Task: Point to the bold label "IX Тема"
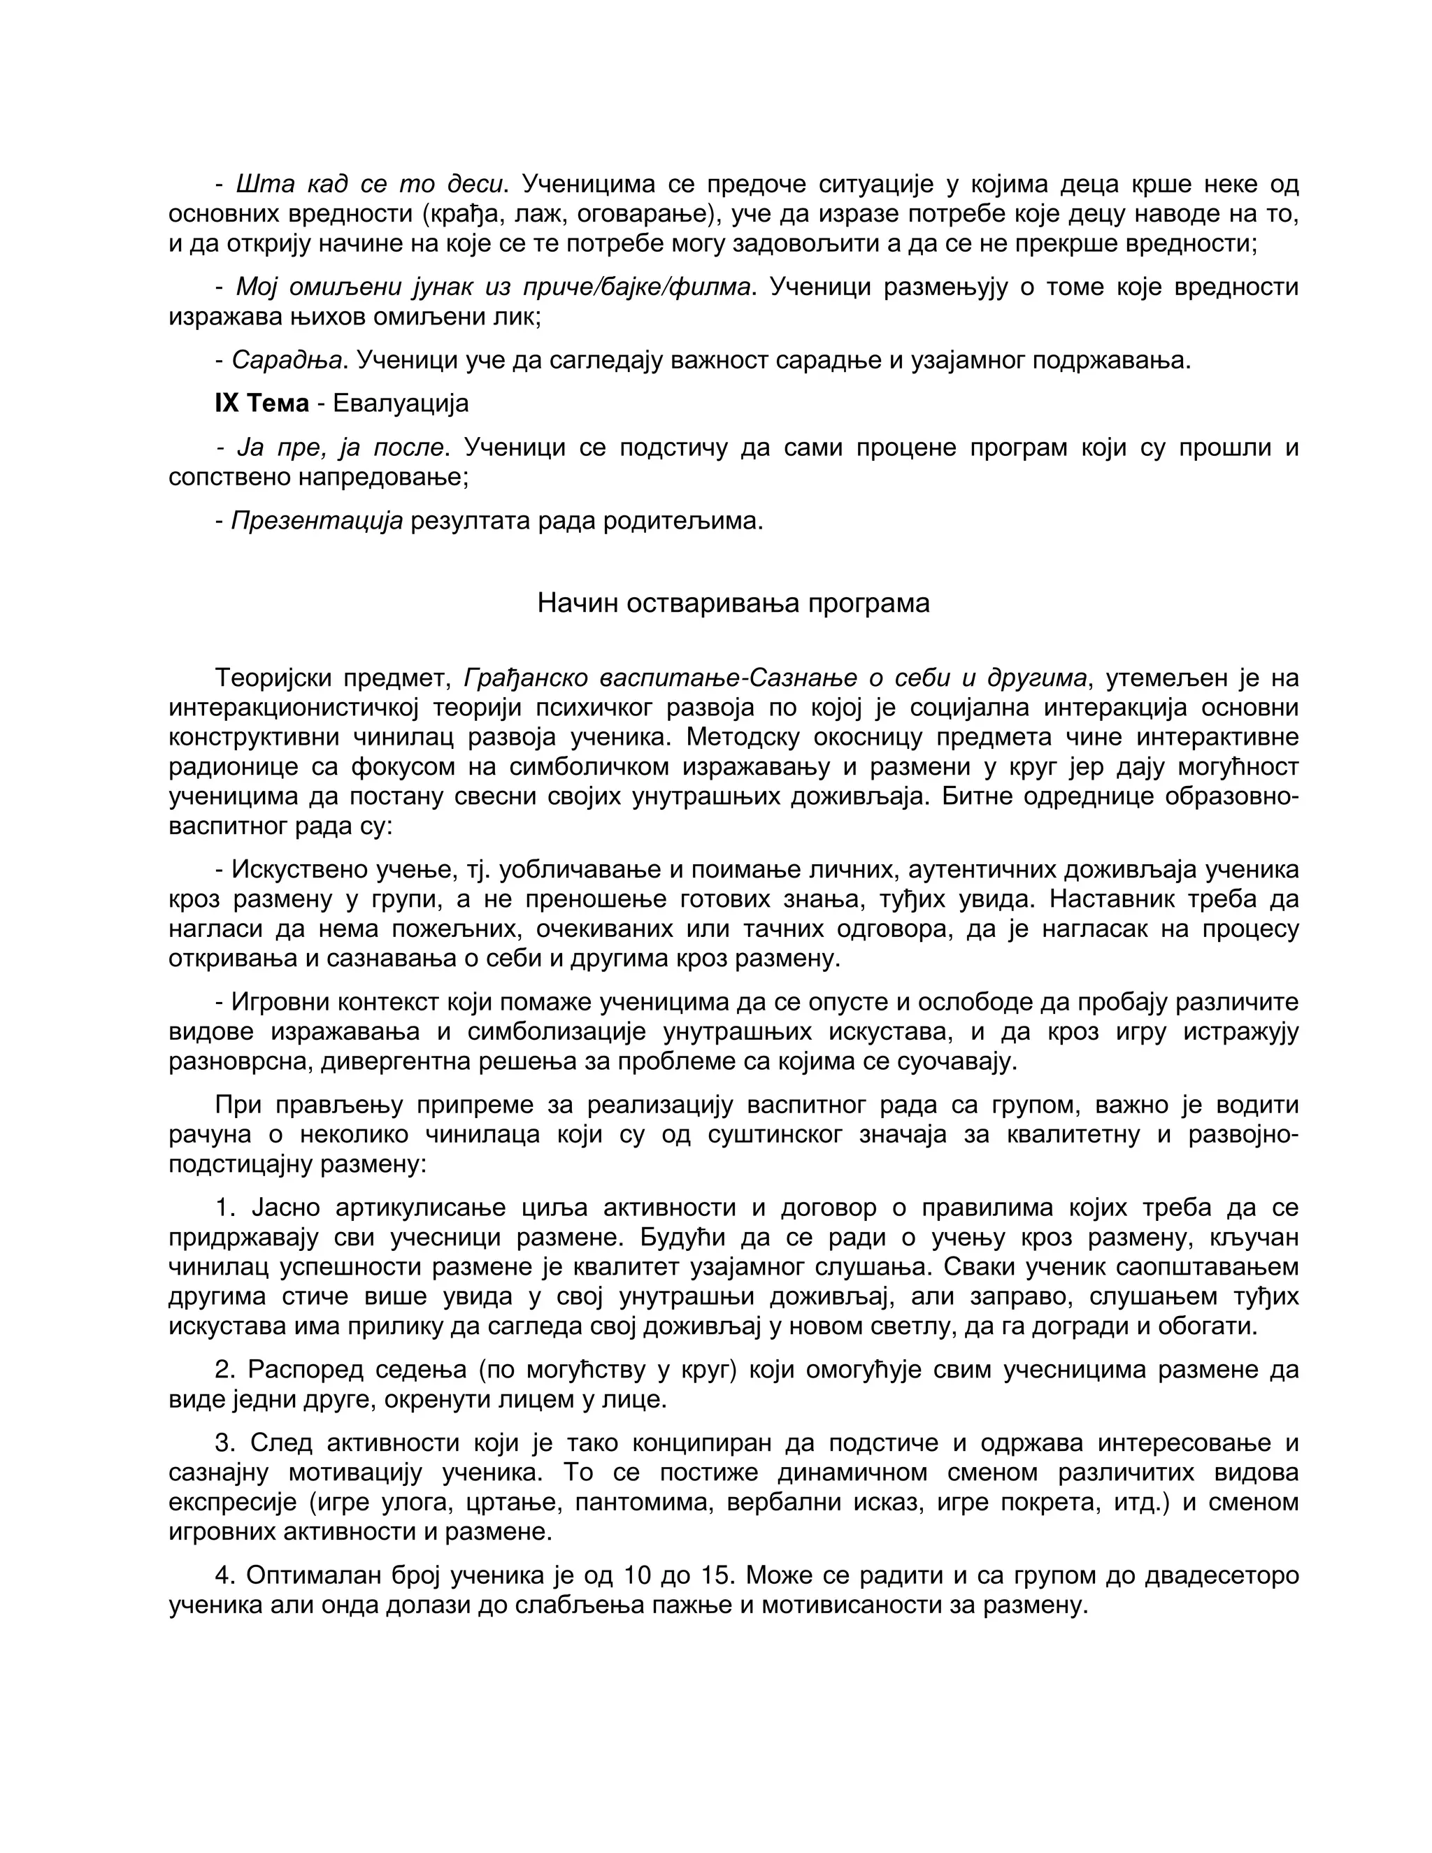point(262,403)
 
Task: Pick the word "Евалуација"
point(401,403)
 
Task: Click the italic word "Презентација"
point(317,520)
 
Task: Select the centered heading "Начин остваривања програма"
point(733,603)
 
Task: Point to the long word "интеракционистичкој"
point(294,708)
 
